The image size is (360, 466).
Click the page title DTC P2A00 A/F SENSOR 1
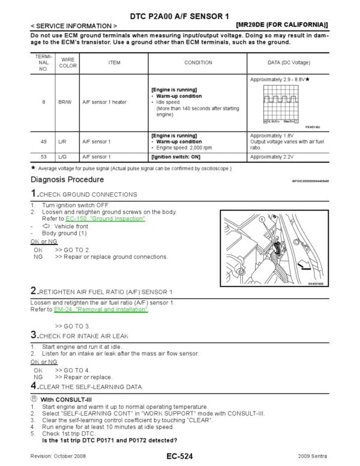[181, 14]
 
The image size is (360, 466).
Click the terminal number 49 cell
[43, 142]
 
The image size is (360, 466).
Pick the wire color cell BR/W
[64, 102]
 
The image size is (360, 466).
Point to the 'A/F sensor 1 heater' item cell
[104, 102]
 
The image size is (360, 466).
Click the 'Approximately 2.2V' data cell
[271, 157]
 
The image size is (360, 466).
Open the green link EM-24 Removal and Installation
[101, 310]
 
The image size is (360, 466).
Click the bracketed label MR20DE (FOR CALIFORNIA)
[282, 25]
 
